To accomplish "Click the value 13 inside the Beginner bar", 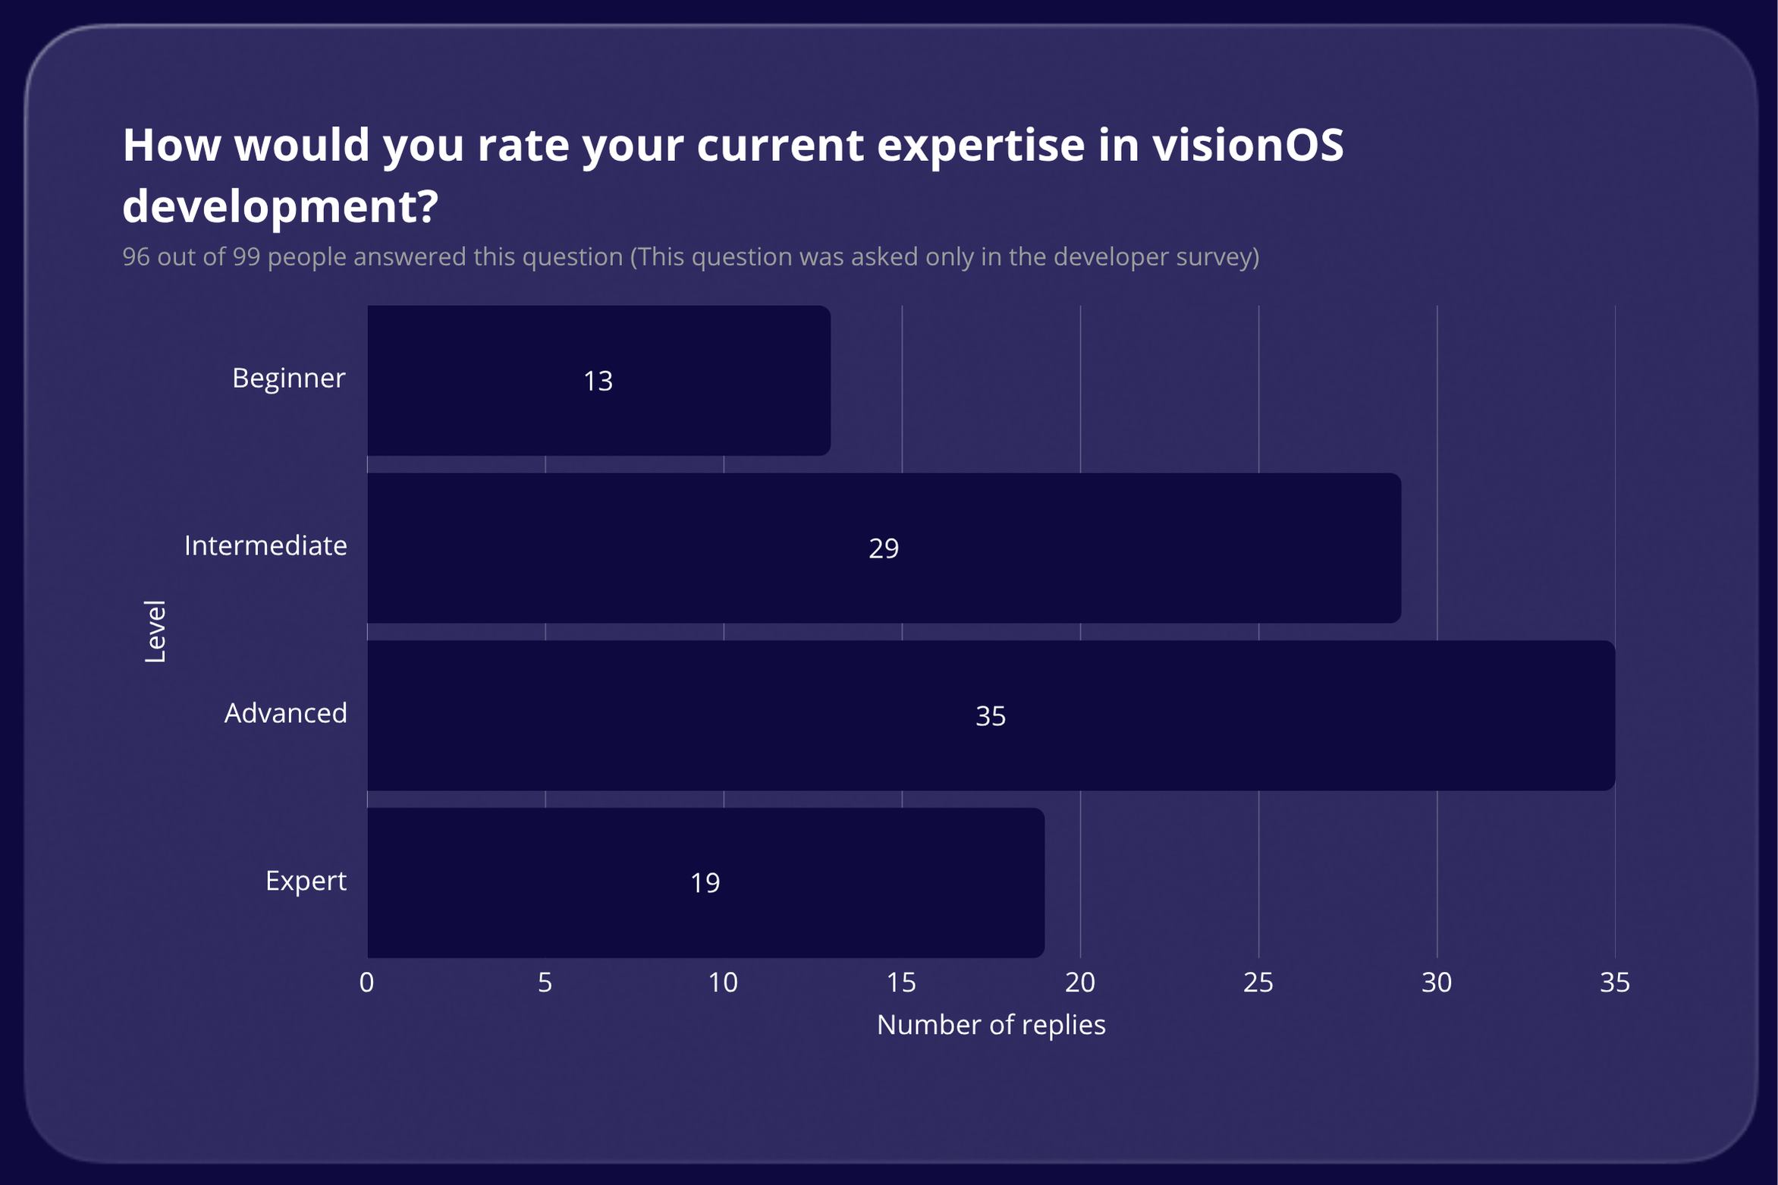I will tap(598, 381).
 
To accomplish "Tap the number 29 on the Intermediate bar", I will tap(884, 548).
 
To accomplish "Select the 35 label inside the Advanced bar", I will tap(991, 716).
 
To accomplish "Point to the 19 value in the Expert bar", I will tap(705, 883).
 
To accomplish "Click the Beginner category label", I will tap(288, 378).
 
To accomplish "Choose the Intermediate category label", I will tap(265, 545).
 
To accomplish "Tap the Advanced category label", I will tap(285, 713).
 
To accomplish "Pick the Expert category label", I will tap(306, 881).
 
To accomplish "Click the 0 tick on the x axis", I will tap(366, 982).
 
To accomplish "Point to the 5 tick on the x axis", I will tap(545, 982).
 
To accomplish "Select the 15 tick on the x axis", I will tap(901, 982).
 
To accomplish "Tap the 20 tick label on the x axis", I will tap(1079, 982).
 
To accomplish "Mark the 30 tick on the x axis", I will tap(1436, 982).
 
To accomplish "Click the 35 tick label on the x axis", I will tap(1614, 982).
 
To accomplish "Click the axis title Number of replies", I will tap(991, 1025).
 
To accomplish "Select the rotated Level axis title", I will tap(155, 631).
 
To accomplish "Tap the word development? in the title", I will tap(280, 206).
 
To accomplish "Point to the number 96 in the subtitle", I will tap(136, 256).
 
